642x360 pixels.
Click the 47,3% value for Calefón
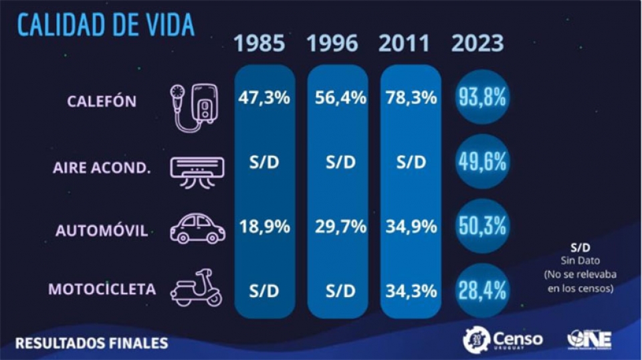pos(264,98)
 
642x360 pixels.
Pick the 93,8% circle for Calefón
pos(481,98)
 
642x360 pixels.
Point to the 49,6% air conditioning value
pos(481,162)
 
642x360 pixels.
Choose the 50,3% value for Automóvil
pos(481,226)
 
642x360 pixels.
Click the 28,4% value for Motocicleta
pos(481,290)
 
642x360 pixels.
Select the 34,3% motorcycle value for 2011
pos(411,291)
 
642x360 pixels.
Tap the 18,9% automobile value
pos(264,227)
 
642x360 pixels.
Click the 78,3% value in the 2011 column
pos(411,98)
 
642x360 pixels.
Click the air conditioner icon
pos(197,167)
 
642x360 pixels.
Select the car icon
pos(197,230)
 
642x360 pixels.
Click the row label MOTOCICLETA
pos(102,290)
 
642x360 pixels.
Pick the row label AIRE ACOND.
pos(102,167)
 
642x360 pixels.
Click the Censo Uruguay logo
pos(503,339)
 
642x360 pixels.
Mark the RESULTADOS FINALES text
pos(92,343)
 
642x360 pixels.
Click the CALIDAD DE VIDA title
pos(105,24)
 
